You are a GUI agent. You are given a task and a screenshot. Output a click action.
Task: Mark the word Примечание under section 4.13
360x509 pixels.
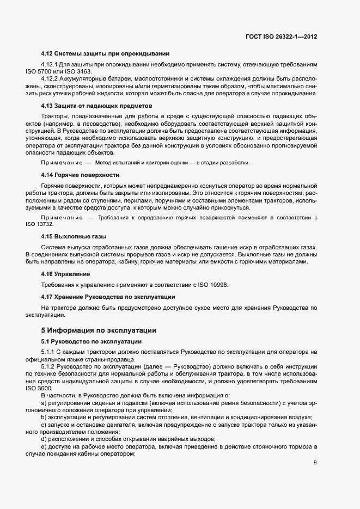click(x=61, y=163)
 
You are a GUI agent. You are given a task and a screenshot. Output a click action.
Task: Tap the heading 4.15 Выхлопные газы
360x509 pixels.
click(x=74, y=236)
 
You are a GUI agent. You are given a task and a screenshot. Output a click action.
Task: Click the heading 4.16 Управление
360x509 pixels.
click(x=66, y=273)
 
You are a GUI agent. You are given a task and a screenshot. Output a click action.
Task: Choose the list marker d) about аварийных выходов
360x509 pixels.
click(x=44, y=438)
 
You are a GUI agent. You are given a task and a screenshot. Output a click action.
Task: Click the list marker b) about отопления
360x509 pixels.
click(x=44, y=416)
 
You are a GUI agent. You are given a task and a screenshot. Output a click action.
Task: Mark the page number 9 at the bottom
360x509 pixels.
click(x=315, y=463)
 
